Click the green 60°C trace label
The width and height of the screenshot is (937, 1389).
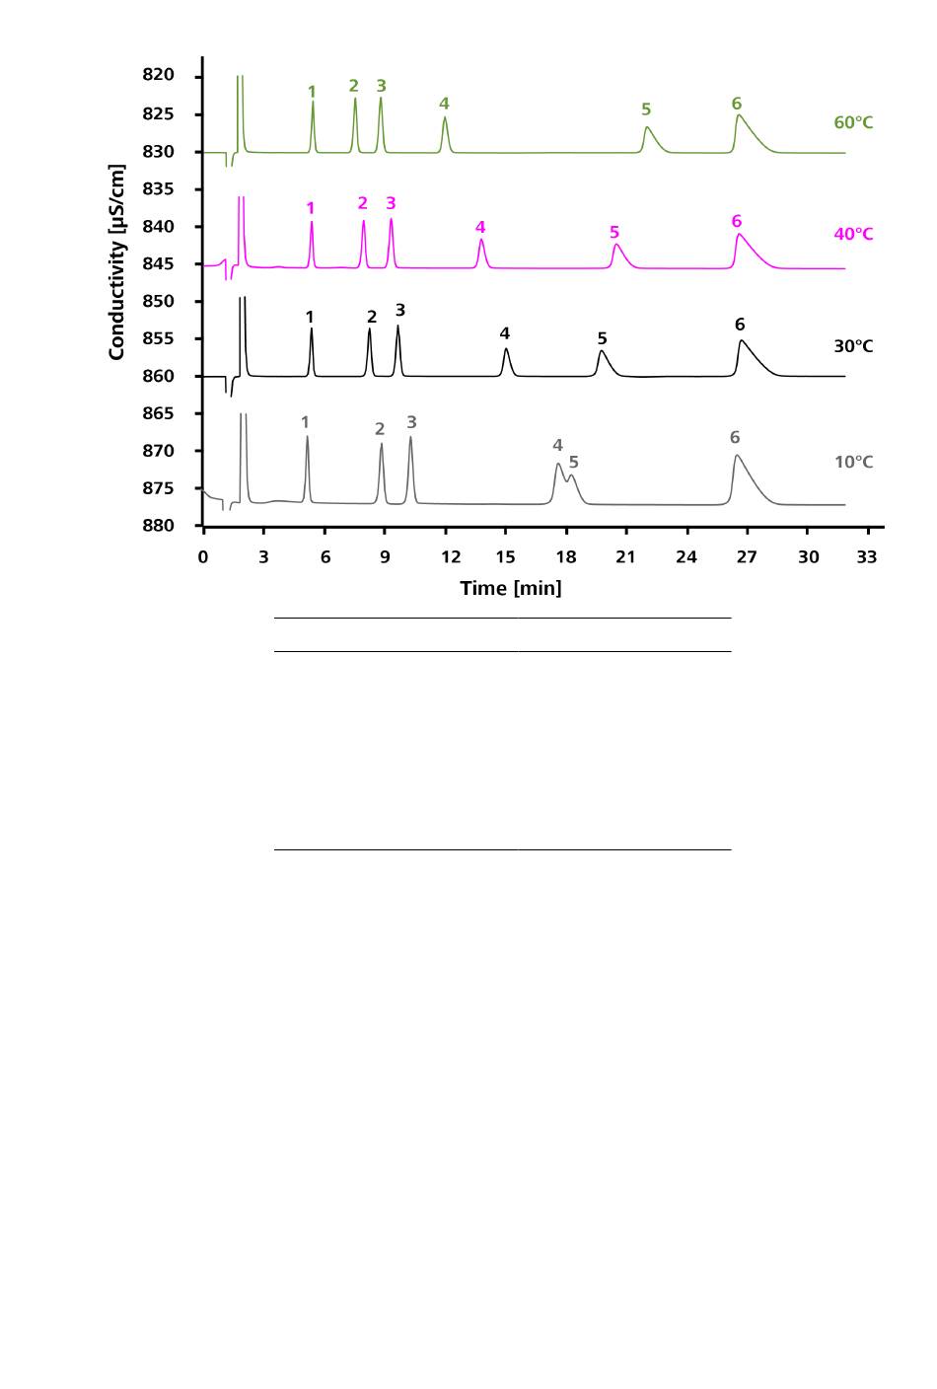pos(853,123)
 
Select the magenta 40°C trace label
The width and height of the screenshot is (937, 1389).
pos(853,235)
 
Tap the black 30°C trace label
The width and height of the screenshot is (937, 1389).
pos(853,347)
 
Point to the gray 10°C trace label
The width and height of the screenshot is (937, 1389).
pos(853,463)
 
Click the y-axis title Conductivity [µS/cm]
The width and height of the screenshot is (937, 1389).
pos(117,262)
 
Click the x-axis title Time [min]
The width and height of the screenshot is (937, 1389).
pos(510,589)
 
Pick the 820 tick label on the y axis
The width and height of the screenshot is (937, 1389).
pos(158,76)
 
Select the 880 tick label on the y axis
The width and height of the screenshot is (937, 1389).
pos(158,526)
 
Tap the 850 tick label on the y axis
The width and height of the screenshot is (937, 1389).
pos(158,301)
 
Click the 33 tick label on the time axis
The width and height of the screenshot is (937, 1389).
pos(867,557)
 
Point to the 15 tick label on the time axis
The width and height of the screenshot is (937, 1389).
pos(505,557)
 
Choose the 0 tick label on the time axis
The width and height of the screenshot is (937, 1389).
pos(203,557)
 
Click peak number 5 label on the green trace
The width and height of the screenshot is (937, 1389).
pos(646,110)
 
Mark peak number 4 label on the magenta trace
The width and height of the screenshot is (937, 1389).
pos(480,228)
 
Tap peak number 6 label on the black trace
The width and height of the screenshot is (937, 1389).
pos(740,326)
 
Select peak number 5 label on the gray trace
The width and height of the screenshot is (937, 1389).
pos(573,463)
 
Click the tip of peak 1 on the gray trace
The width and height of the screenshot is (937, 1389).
pos(307,436)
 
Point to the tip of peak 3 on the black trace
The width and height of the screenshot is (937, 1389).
pos(398,326)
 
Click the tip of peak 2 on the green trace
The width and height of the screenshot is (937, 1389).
pos(355,98)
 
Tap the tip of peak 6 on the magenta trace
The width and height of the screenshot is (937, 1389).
pos(738,234)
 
